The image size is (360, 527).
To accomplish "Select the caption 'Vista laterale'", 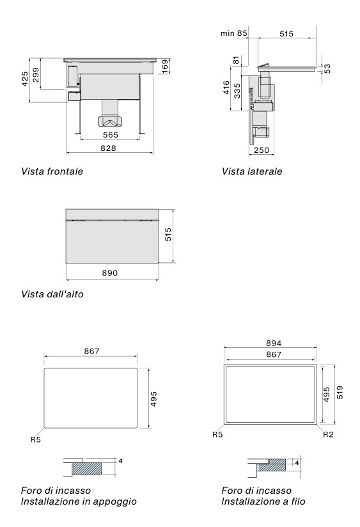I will [x=251, y=171].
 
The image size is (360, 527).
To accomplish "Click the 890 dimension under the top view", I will [x=111, y=273].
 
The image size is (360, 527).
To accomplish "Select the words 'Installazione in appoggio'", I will [x=79, y=502].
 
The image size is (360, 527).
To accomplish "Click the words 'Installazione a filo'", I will [x=263, y=502].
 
